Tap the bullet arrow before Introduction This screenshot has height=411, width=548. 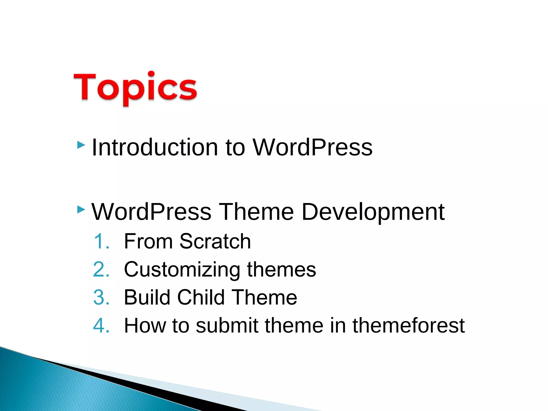click(x=81, y=145)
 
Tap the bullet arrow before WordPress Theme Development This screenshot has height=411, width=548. click(x=81, y=210)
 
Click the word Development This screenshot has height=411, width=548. click(x=373, y=212)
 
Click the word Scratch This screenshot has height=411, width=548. click(x=215, y=241)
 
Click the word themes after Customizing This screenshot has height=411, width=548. click(x=281, y=269)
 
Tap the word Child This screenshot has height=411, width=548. click(x=201, y=297)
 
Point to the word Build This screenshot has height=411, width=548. click(x=147, y=297)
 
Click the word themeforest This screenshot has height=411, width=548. click(x=408, y=325)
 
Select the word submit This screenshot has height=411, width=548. click(x=227, y=325)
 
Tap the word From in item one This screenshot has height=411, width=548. click(x=148, y=241)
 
